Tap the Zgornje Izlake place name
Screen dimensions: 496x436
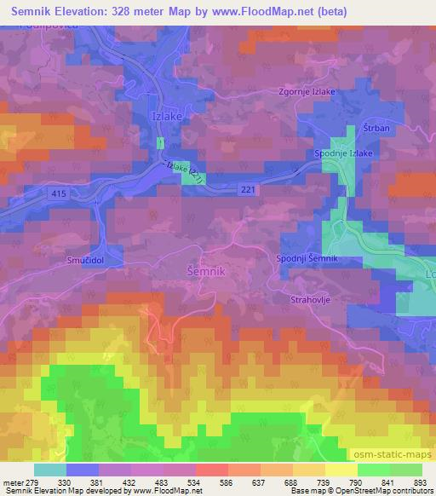(x=308, y=95)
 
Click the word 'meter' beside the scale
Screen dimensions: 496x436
(x=12, y=482)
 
